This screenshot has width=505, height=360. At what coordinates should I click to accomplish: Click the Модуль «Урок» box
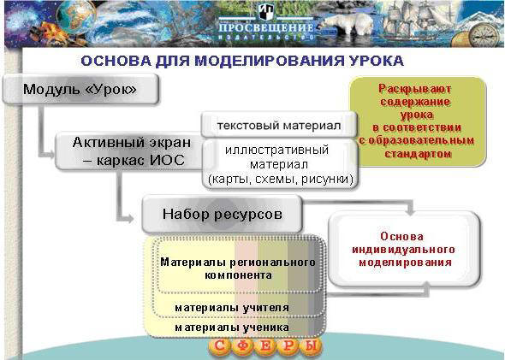80,89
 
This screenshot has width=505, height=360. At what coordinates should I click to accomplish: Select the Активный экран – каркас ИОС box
130,151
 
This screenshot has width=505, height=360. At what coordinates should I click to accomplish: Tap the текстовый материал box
279,125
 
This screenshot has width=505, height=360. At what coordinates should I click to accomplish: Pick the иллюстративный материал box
280,164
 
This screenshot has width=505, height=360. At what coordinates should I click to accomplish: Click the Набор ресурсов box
223,214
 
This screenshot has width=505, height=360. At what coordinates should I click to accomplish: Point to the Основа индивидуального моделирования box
404,250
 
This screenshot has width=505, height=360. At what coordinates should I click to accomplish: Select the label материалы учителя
232,308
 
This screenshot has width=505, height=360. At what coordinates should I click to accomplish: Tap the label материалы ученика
232,328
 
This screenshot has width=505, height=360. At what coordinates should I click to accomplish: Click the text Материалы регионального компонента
238,269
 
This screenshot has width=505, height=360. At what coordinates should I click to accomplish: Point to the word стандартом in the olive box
418,154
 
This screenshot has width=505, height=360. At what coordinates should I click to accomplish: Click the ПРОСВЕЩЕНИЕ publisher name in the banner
266,27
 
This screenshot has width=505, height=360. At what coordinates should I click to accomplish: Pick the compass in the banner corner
483,35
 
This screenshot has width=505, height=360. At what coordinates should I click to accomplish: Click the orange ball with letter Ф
243,347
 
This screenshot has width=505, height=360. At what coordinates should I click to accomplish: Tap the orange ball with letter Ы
311,347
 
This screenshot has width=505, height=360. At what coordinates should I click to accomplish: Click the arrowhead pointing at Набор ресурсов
129,219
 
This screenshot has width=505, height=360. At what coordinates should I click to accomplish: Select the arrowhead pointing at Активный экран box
50,155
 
